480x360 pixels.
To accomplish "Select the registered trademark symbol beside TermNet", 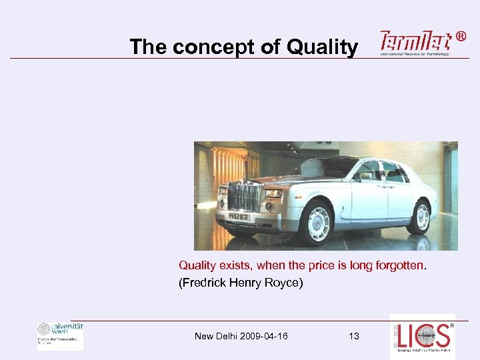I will [x=462, y=37].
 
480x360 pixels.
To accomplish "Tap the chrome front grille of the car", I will [x=243, y=197].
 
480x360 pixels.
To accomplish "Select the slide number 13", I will [x=353, y=336].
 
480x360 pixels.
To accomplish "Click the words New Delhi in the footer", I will [x=213, y=336].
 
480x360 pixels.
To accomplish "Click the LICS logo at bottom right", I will [x=423, y=337].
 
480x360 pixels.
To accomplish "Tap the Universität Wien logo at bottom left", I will [x=60, y=335].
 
